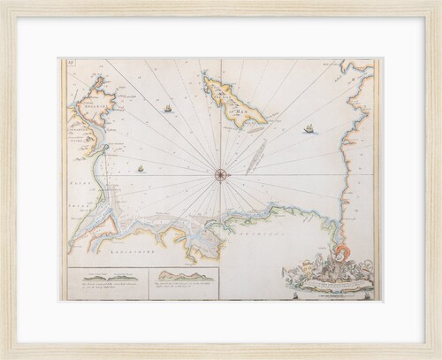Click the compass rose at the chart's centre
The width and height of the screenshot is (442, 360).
(220, 173)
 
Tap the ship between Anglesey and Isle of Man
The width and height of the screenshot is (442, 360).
(167, 108)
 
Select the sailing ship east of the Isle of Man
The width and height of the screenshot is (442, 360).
(309, 129)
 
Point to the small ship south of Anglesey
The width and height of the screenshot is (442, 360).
(140, 168)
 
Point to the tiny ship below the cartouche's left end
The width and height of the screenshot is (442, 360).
(293, 295)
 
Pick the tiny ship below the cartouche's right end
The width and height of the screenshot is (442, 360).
(366, 295)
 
